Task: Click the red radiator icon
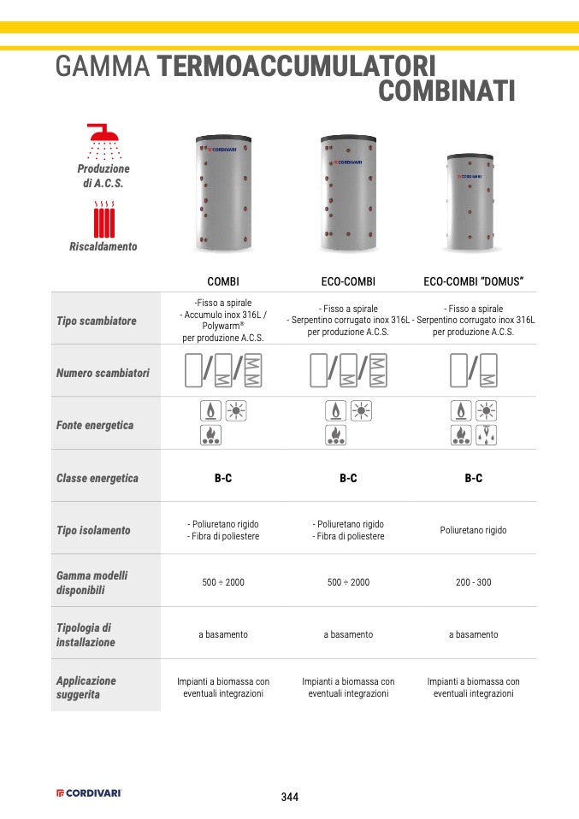105,220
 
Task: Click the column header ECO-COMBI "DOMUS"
473,281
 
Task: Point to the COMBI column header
223,281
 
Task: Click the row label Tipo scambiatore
97,321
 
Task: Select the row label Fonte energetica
95,425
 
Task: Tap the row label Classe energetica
97,478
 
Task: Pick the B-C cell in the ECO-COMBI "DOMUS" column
473,478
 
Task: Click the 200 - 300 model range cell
473,582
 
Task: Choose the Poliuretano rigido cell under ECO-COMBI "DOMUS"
473,530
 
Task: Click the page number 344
290,797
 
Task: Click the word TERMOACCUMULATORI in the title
298,67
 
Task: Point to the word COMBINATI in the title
446,91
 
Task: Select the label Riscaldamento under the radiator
103,246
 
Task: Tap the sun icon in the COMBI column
235,410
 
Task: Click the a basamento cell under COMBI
223,634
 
